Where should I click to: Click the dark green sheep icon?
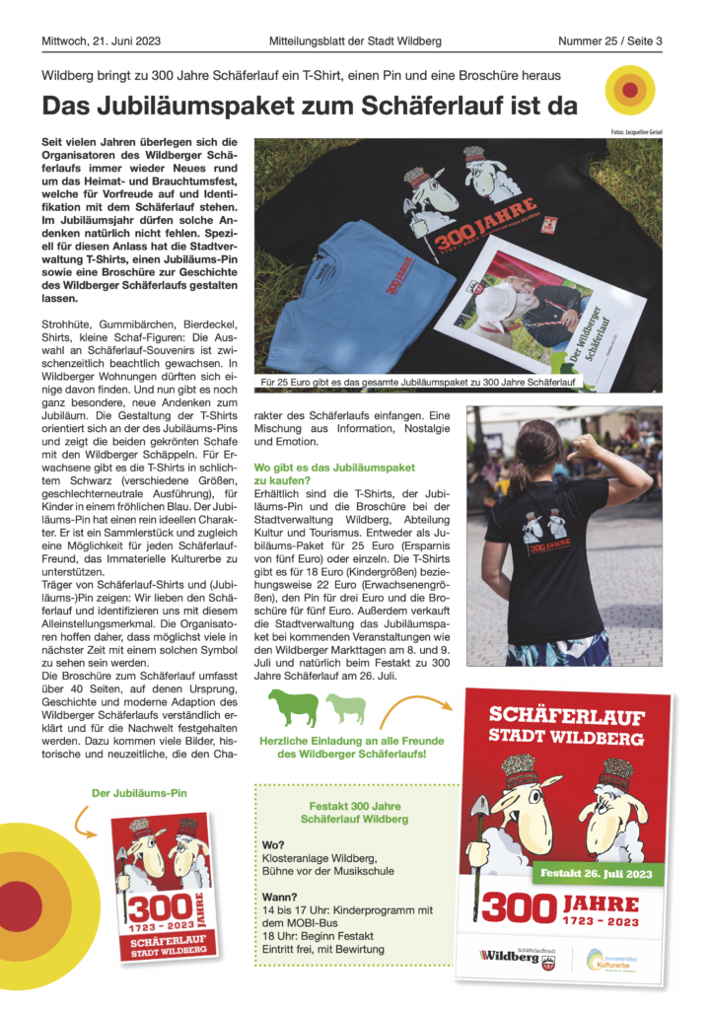click(x=293, y=706)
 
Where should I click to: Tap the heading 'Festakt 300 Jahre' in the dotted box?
click(x=352, y=805)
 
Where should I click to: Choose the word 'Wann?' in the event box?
click(x=279, y=897)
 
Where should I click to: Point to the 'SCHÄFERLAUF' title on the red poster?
click(x=568, y=715)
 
